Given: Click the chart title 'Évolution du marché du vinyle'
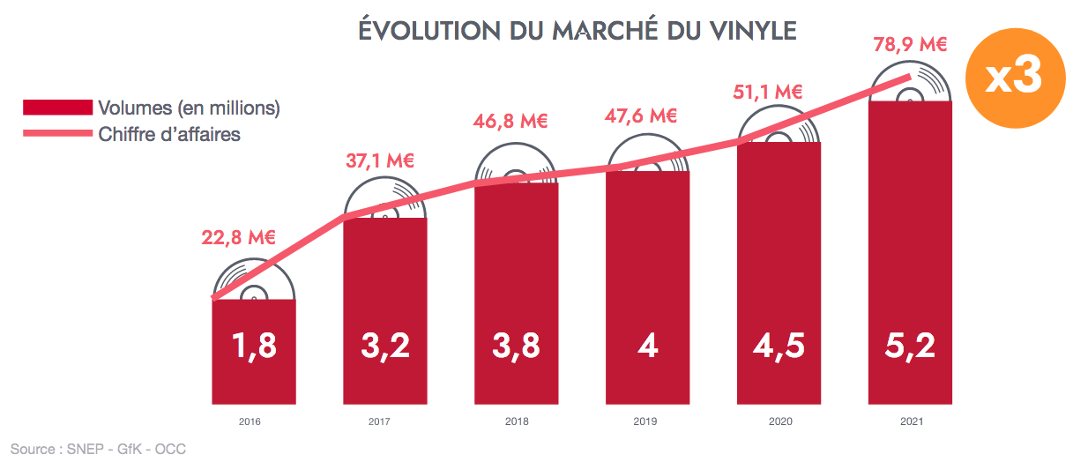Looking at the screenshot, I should [x=577, y=31].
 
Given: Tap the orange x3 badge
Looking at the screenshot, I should [x=1013, y=78].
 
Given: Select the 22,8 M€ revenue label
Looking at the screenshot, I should [x=238, y=237].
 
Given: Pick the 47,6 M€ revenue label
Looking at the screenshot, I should [x=641, y=116].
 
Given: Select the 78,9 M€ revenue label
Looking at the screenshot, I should [x=910, y=43].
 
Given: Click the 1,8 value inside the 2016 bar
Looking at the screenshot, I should [x=253, y=346].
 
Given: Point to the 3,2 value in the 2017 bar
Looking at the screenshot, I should [x=385, y=346].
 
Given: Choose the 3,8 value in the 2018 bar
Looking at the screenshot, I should [x=516, y=346].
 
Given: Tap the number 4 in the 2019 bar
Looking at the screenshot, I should [x=647, y=346].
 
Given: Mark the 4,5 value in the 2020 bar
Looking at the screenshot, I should [x=779, y=346].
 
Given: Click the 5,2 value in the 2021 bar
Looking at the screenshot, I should [x=910, y=346].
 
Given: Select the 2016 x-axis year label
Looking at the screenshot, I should [x=250, y=421].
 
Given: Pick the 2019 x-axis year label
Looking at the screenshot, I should [x=645, y=421].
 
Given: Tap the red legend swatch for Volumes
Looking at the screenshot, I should [x=57, y=108].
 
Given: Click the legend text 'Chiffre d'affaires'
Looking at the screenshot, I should [x=170, y=134].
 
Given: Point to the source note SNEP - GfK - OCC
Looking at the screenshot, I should [x=98, y=450].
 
